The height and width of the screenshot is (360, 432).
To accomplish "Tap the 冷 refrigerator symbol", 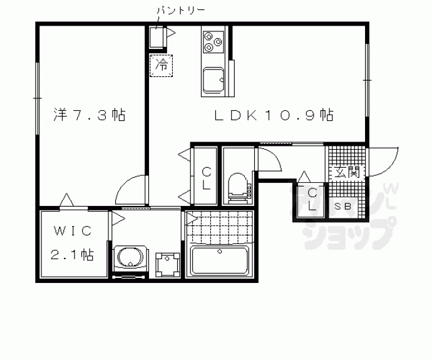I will (162, 64).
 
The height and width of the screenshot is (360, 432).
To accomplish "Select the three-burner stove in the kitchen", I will (213, 42).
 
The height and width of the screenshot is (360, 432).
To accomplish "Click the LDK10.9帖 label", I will (274, 115).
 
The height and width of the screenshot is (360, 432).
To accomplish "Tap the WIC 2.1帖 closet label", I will (72, 243).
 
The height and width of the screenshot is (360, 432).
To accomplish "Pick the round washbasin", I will (130, 258).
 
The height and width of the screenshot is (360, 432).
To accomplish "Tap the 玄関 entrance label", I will (346, 172).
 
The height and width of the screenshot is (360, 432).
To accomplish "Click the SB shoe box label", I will (342, 206).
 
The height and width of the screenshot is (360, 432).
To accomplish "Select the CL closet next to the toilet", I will (205, 177).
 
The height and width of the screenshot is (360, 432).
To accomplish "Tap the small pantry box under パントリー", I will (156, 38).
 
